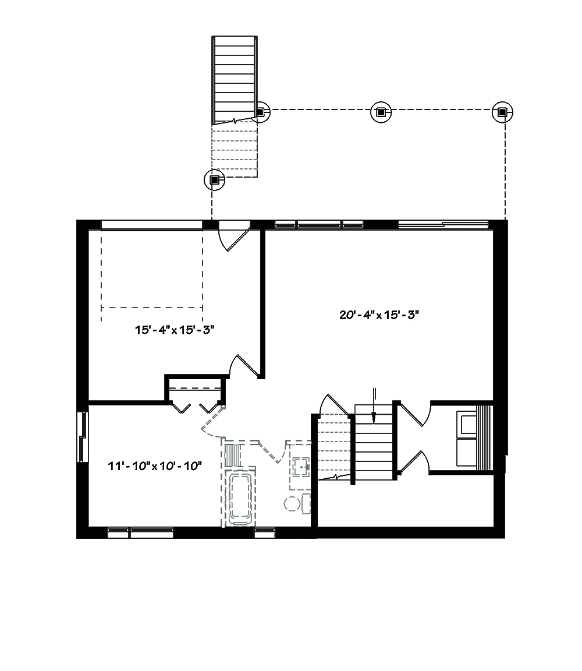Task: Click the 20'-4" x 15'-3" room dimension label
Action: click(x=379, y=315)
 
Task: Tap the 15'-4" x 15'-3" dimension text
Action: click(x=175, y=330)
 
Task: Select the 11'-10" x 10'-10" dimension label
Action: click(x=154, y=465)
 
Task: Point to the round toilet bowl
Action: click(x=291, y=503)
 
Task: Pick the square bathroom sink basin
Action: click(x=301, y=466)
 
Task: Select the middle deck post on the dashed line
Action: click(x=380, y=112)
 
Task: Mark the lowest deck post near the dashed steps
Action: click(x=214, y=180)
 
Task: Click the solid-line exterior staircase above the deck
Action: click(x=234, y=79)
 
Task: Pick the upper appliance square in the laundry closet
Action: click(x=467, y=423)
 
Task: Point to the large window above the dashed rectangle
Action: click(x=151, y=224)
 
